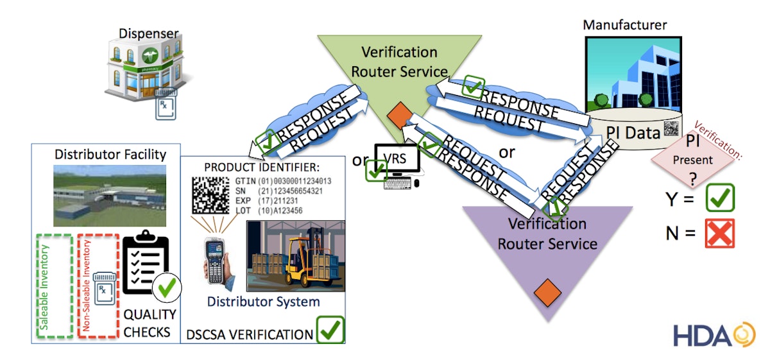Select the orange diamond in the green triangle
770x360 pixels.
pos(399,116)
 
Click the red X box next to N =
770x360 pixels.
pos(719,233)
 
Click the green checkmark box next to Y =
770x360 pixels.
pos(719,198)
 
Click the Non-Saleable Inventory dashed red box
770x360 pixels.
pos(98,284)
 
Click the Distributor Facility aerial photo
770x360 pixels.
pos(99,195)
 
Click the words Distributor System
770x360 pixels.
pos(263,301)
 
